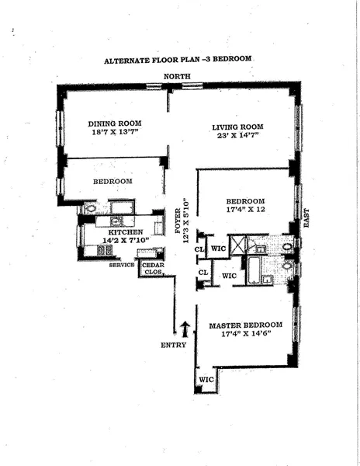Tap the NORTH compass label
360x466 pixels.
tap(176, 75)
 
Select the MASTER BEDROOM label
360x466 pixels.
tap(245, 324)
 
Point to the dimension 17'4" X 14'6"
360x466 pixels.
tap(245, 334)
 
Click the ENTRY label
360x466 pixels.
tap(173, 345)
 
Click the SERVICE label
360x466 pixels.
tap(122, 265)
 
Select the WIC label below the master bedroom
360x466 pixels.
tap(206, 379)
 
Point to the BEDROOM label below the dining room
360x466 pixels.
tap(113, 181)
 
